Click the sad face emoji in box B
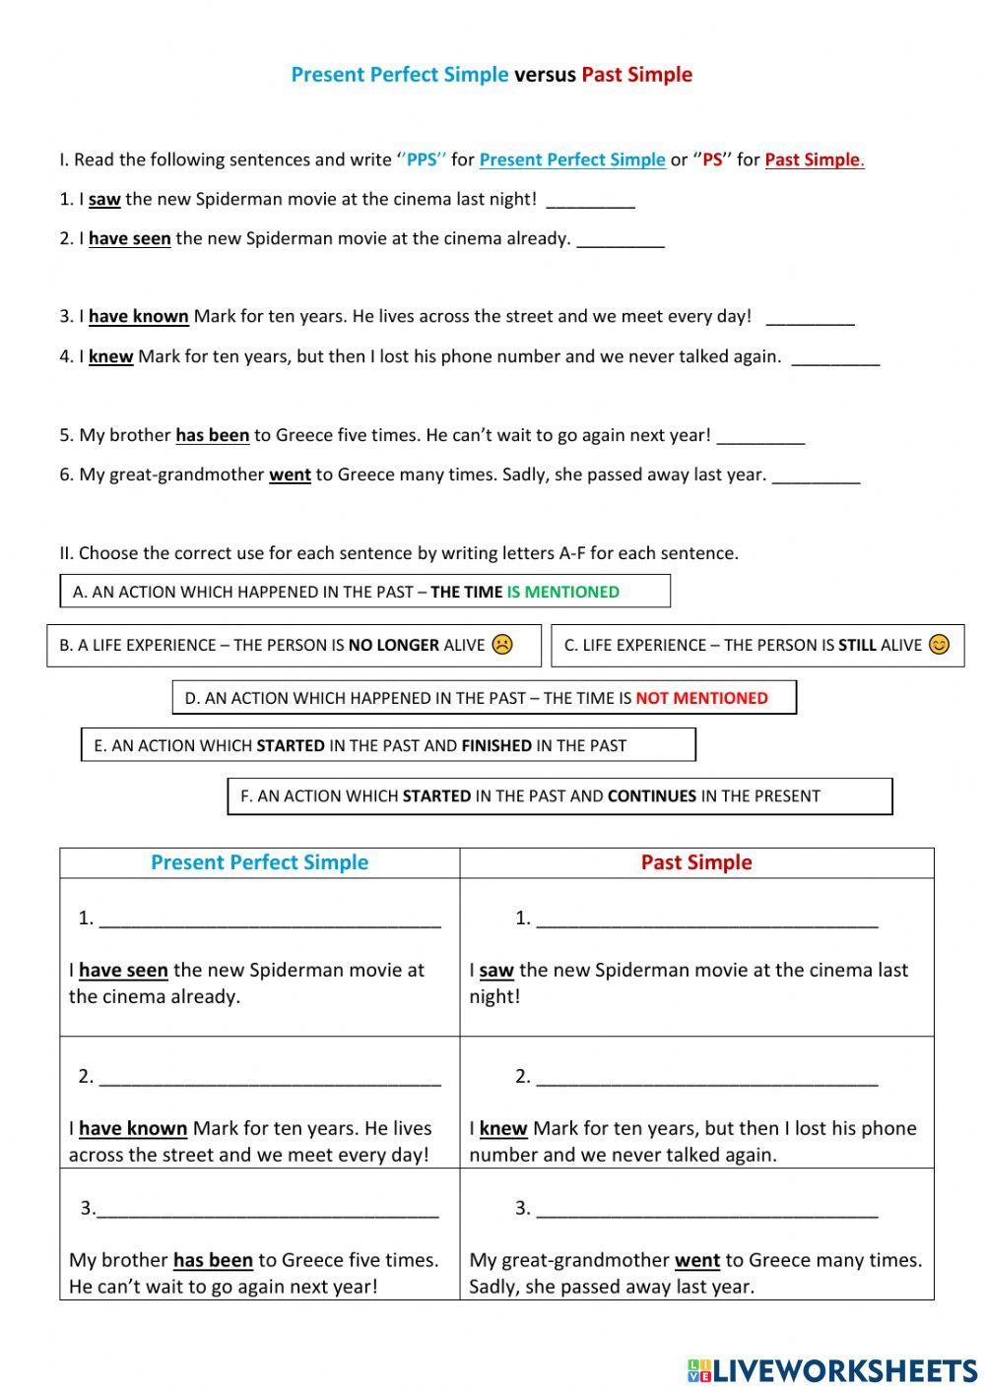click(x=502, y=645)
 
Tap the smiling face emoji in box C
click(x=940, y=645)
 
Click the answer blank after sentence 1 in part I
click(x=590, y=202)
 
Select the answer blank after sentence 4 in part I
click(x=835, y=359)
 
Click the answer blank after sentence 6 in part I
click(x=816, y=477)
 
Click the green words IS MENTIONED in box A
click(x=562, y=592)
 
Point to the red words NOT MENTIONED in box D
click(x=701, y=698)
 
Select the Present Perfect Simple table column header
click(x=259, y=862)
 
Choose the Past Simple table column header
click(x=696, y=862)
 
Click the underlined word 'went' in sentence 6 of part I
click(x=290, y=474)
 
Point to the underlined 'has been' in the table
click(x=213, y=1260)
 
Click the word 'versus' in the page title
click(x=545, y=75)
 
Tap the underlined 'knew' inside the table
click(x=502, y=1128)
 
